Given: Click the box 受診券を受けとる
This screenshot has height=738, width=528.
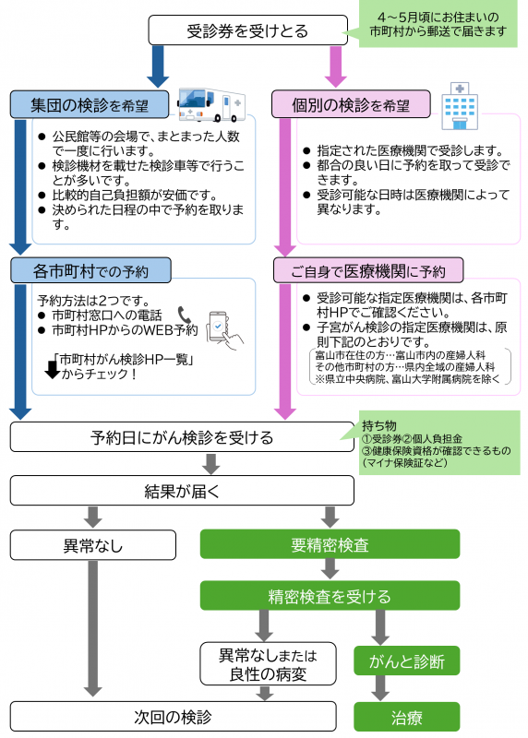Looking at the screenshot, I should (x=247, y=30).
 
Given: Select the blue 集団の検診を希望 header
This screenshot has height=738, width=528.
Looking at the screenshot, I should (x=90, y=102).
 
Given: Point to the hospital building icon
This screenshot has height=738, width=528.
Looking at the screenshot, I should (x=460, y=104).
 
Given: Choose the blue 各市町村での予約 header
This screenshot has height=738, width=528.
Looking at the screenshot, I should (x=90, y=270).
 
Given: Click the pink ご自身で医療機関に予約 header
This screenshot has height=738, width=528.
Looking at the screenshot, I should (x=368, y=270).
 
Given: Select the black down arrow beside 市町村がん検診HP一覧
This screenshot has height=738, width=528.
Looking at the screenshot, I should (x=52, y=369).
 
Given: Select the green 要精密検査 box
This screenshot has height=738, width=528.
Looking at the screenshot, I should (x=330, y=544).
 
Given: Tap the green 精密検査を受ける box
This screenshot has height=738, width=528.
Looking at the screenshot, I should (x=330, y=596).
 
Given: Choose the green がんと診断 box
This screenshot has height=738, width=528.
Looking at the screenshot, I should (x=406, y=661).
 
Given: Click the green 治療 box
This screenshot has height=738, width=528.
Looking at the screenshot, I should (x=406, y=716).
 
